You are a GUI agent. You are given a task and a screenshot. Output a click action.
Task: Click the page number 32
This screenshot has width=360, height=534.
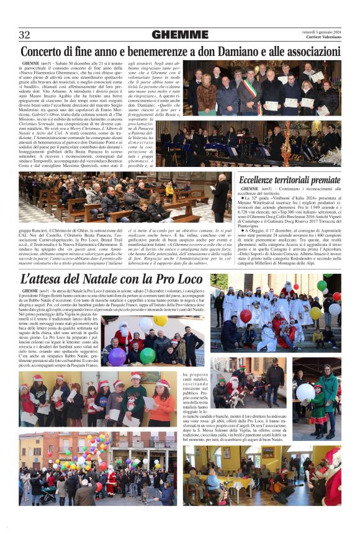25,35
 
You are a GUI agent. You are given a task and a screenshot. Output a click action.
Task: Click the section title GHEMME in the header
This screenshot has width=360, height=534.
180,35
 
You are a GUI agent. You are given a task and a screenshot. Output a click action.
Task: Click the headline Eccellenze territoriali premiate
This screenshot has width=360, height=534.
289,180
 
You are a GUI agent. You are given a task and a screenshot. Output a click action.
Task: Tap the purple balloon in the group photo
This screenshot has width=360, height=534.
117,356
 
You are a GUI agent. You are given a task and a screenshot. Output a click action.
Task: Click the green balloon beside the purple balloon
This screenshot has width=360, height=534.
147,356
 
